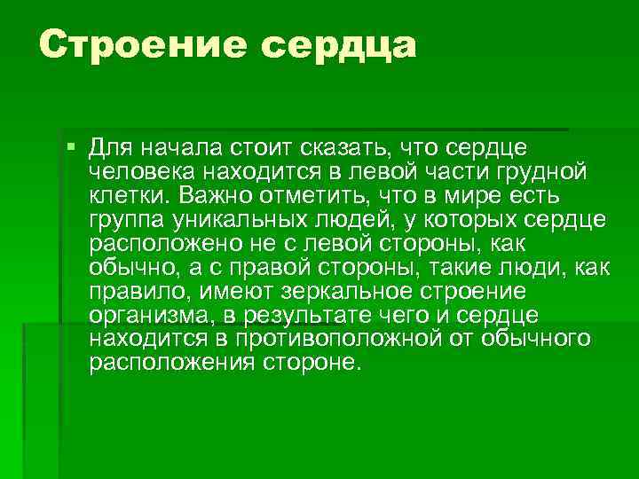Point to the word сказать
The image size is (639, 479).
(x=346, y=146)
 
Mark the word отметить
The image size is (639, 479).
(x=325, y=194)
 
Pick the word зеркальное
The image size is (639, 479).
(x=345, y=291)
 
